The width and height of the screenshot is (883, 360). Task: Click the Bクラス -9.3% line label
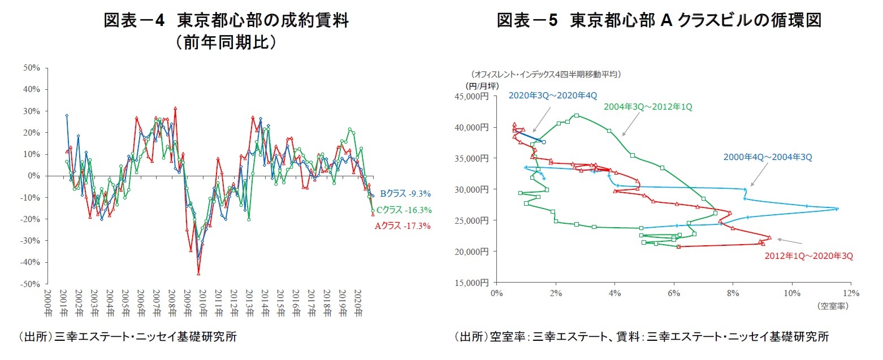point(405,194)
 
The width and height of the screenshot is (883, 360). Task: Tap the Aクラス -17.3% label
point(402,227)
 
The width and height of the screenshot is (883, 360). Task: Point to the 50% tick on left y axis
point(32,68)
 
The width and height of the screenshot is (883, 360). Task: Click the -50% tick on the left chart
point(30,284)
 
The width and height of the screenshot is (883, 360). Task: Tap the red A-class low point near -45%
point(198,273)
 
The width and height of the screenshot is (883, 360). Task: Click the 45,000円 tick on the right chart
point(473,97)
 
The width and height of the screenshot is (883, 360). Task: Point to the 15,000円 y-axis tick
point(473,282)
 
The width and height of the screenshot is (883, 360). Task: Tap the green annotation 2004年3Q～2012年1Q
point(648,106)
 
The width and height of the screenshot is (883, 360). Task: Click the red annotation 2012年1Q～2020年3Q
point(808,256)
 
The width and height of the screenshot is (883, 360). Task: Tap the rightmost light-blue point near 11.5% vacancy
point(837,209)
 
